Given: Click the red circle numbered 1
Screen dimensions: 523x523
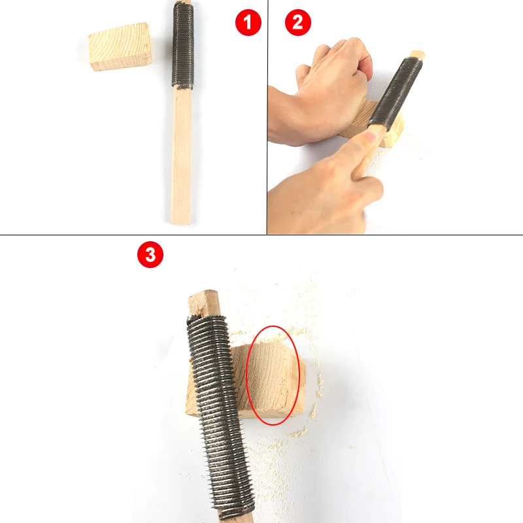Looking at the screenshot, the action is click(248, 22).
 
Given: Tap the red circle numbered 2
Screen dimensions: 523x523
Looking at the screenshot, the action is click(298, 22).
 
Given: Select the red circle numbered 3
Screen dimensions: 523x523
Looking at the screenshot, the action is click(150, 254).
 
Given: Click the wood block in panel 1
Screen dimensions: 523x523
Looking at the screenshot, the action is click(120, 46).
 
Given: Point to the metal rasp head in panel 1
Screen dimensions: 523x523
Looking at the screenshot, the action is click(183, 45).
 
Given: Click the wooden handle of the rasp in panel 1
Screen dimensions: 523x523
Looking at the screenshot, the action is click(181, 155).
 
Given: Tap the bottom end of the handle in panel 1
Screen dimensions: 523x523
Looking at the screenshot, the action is click(180, 223).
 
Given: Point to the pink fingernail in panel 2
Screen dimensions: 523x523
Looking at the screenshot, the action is click(370, 136).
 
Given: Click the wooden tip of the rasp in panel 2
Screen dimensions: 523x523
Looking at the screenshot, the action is click(418, 55).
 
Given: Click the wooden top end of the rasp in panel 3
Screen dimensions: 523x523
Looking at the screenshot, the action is click(204, 303).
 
